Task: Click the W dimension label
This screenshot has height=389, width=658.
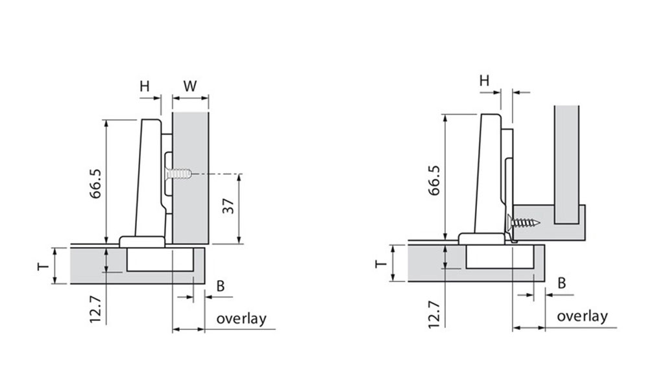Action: pos(190,86)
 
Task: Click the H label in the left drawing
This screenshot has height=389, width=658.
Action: pos(144,86)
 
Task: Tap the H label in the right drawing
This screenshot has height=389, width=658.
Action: pos(484,80)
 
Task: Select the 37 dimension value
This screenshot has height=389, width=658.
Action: pos(228,206)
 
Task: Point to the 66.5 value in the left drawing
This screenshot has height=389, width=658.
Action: pos(95,183)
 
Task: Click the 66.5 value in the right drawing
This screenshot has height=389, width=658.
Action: pos(434,180)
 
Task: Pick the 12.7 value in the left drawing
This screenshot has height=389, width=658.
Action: pos(95,309)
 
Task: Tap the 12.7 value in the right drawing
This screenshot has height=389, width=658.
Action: pos(434,314)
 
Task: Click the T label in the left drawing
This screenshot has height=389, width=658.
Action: pos(43,266)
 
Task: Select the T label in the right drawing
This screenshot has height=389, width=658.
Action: pos(381,264)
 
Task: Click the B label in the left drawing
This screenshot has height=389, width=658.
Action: pos(221,287)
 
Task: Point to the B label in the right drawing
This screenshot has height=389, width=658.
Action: pos(562,283)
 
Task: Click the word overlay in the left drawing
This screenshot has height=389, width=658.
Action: pos(241,318)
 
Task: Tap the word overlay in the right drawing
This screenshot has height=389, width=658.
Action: pos(583,316)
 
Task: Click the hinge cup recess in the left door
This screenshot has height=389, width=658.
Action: pos(160,259)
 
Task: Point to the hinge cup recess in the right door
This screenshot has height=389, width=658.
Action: pos(500,257)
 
